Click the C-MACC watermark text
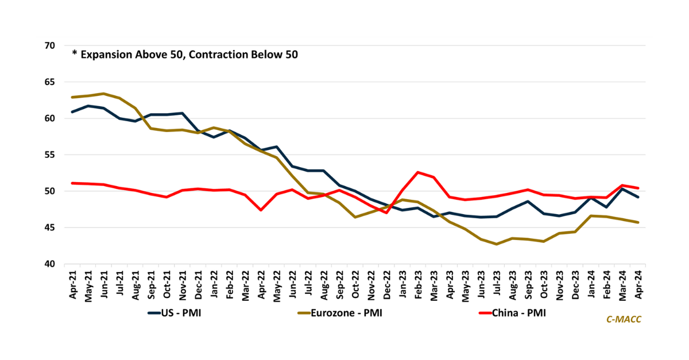click(x=624, y=319)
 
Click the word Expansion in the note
click(x=106, y=55)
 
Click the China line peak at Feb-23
click(x=418, y=172)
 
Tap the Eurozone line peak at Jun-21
click(x=104, y=94)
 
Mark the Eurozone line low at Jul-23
click(x=481, y=244)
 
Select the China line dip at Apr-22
click(x=261, y=210)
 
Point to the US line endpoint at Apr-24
click(x=637, y=197)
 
